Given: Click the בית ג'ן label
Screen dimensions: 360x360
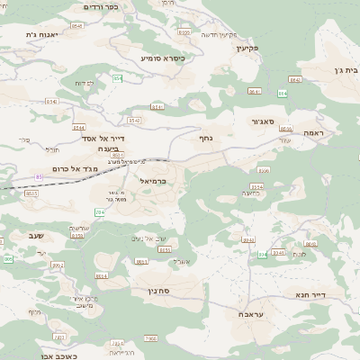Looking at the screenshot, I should pos(345,69).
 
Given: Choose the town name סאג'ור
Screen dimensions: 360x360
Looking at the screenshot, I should pos(269,120).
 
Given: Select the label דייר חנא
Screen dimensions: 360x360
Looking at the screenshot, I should pos(310,294).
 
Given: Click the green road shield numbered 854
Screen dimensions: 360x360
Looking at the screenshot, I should pos(117,78).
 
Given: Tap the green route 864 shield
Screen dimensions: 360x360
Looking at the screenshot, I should pos(283,93).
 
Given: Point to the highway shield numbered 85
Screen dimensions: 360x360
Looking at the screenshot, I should pos(40,176).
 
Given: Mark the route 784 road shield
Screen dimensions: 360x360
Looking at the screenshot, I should pos(100,212).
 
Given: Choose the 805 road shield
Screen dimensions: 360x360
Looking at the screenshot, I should pos(8,258).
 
